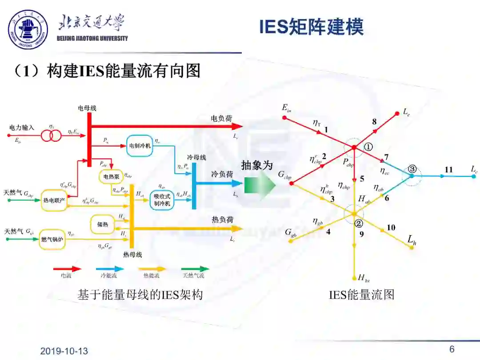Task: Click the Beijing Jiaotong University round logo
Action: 28,30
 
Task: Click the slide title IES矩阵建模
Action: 311,27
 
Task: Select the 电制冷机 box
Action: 140,145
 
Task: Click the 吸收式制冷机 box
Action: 159,201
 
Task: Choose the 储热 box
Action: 103,224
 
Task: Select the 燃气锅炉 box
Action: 53,239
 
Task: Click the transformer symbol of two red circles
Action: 52,136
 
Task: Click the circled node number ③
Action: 412,169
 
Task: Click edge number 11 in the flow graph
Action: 448,170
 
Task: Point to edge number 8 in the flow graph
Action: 374,121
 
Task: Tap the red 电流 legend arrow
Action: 67,269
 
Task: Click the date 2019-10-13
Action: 64,351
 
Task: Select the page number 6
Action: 452,349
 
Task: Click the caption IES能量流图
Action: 362,294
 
